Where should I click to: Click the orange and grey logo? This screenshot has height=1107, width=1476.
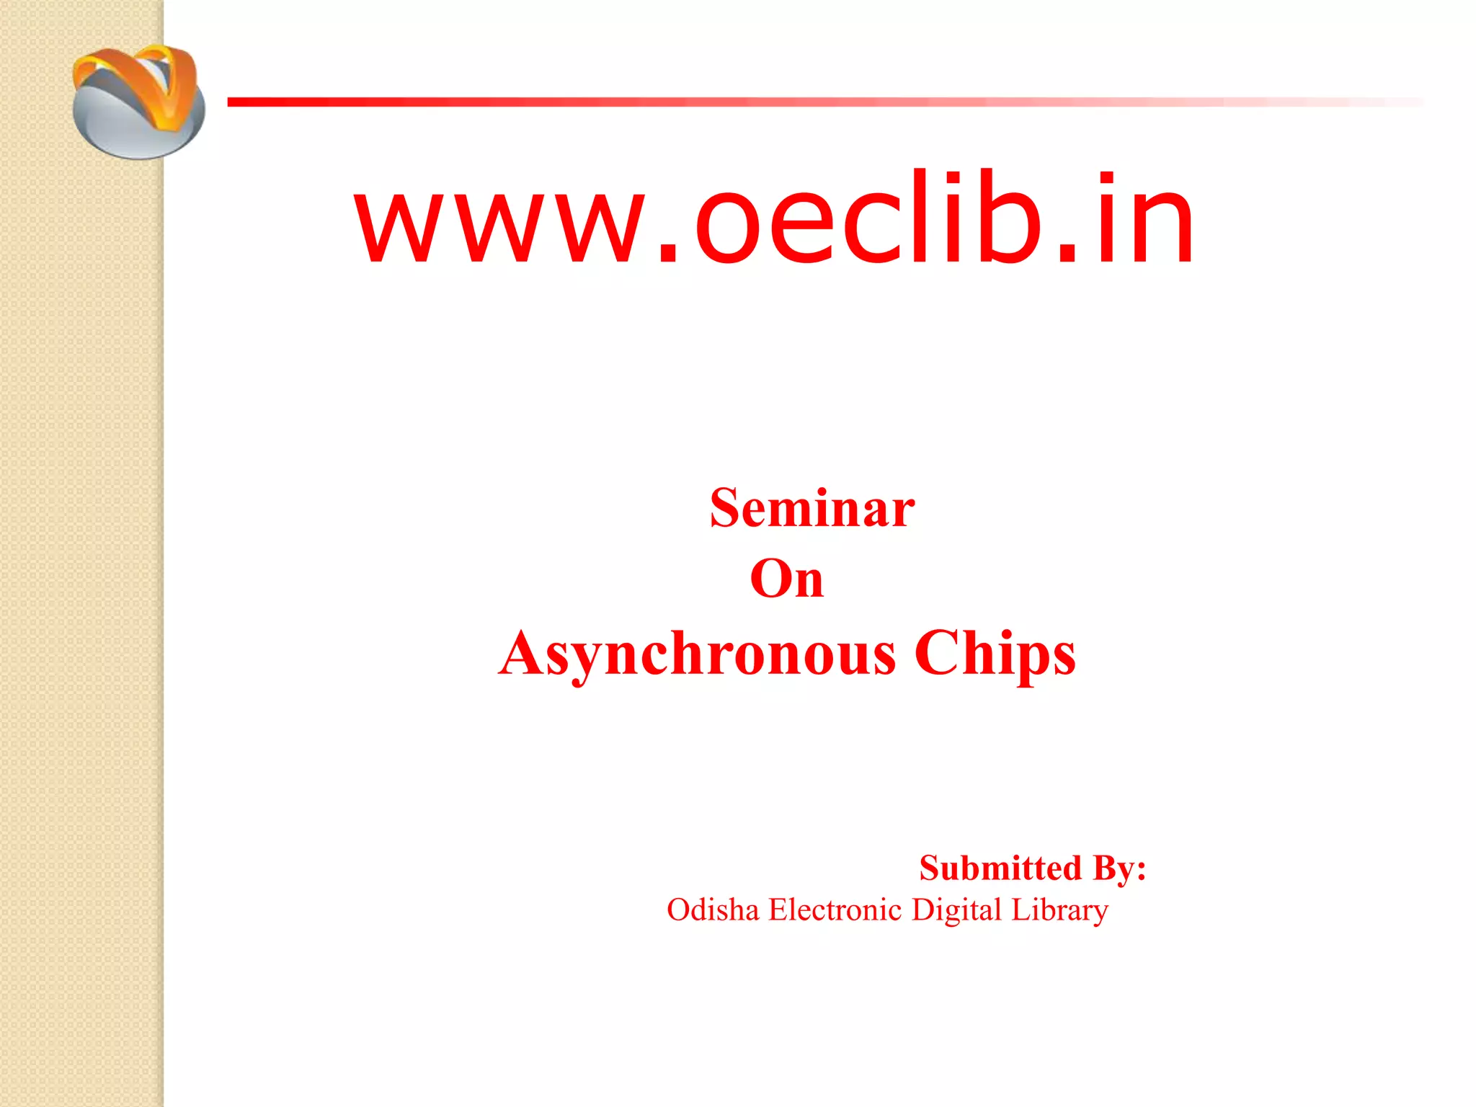tap(138, 101)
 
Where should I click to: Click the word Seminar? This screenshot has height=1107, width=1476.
tap(812, 509)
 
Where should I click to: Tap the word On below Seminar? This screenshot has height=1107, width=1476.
tap(786, 579)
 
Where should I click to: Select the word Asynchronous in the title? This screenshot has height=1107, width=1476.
tap(697, 654)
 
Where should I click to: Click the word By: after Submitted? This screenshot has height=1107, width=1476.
tap(1119, 868)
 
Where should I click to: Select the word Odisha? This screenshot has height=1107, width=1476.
tap(713, 910)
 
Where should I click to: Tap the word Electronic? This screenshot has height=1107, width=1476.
tap(835, 910)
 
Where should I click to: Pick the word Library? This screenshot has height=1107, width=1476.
tap(1059, 910)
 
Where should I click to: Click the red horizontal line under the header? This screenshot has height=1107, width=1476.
tap(721, 102)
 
